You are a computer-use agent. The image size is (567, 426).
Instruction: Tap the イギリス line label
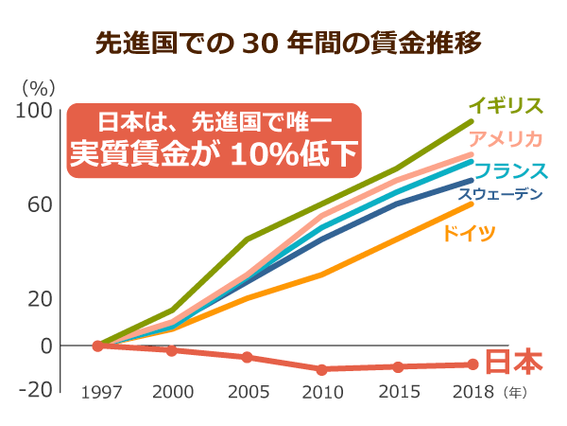click(506, 105)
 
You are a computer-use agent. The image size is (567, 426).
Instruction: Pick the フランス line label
click(511, 171)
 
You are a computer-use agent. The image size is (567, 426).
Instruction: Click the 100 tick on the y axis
click(34, 111)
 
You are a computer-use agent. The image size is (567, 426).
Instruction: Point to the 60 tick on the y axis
click(39, 205)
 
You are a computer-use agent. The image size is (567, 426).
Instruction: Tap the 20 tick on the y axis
click(39, 299)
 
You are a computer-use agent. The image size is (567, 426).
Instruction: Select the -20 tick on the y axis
click(35, 389)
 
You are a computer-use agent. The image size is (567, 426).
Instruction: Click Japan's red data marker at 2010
click(321, 369)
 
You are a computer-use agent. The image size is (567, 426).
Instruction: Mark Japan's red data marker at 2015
click(398, 366)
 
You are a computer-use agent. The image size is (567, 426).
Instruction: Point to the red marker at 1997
click(97, 346)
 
